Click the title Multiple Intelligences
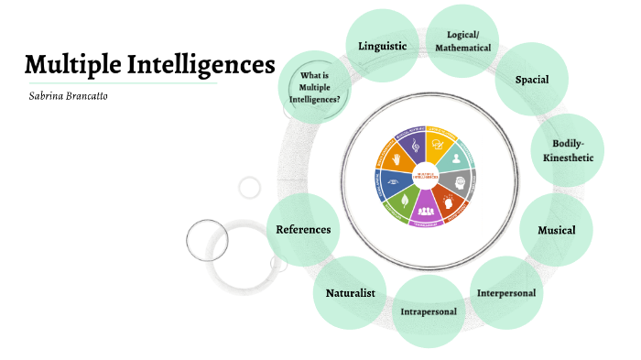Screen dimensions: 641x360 pos(149,65)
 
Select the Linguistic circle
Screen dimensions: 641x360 pos(376,44)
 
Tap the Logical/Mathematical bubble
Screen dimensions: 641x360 pos(462,40)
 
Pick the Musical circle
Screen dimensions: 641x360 pos(555,229)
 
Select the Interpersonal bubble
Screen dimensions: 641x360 pos(506,292)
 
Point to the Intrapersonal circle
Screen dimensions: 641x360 pos(429,311)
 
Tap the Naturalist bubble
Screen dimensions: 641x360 pos(350,292)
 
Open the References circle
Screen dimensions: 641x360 pos(303,229)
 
